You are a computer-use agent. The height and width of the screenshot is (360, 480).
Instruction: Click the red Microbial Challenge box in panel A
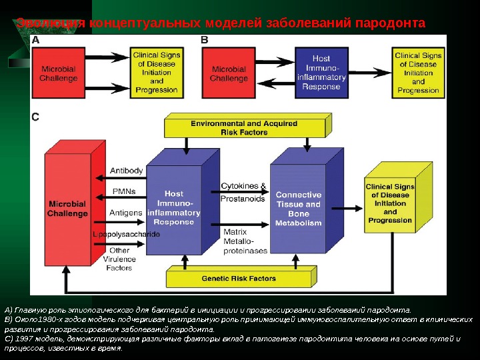(59, 73)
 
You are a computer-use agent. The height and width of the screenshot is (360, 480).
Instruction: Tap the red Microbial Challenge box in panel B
(229, 73)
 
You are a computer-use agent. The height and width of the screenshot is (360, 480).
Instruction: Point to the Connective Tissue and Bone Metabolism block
(298, 209)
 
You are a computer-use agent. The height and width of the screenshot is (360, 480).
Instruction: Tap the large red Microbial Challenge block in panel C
(67, 208)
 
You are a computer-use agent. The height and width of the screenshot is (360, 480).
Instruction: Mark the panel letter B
(205, 41)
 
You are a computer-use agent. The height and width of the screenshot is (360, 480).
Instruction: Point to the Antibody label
(126, 171)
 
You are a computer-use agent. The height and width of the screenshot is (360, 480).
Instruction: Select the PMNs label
(124, 191)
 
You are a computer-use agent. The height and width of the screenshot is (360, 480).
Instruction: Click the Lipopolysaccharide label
(127, 235)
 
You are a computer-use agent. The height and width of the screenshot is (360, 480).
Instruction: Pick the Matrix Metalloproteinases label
(245, 240)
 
